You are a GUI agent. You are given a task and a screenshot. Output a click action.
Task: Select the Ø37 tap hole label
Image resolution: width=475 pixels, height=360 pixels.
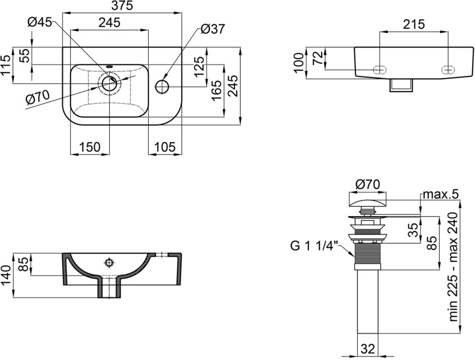(x=213, y=29)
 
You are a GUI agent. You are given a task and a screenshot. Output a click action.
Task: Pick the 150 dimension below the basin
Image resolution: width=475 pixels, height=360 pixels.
(x=89, y=147)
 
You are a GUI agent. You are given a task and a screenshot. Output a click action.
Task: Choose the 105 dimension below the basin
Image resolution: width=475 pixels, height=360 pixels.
(x=165, y=147)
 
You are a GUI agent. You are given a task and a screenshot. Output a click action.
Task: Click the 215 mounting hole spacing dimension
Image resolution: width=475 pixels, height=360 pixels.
(x=414, y=24)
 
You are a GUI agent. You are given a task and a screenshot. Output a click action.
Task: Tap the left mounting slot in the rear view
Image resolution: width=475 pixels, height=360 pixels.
(x=380, y=70)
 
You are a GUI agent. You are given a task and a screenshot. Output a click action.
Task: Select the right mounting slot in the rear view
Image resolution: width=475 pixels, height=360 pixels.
(x=448, y=70)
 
